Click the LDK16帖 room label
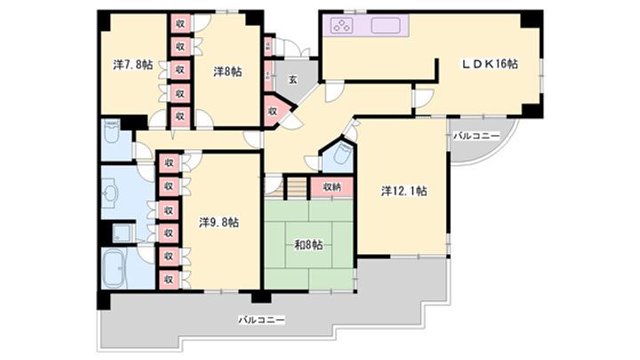(x=489, y=64)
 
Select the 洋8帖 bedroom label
(x=227, y=71)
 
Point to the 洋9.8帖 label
(x=218, y=222)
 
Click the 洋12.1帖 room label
(x=404, y=189)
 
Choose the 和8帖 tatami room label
(x=308, y=245)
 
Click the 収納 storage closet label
(x=331, y=187)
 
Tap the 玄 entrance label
(x=292, y=79)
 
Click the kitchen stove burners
(x=342, y=25)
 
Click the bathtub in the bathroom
(x=116, y=267)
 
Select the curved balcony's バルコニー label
(x=476, y=136)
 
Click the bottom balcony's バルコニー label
(x=261, y=319)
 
